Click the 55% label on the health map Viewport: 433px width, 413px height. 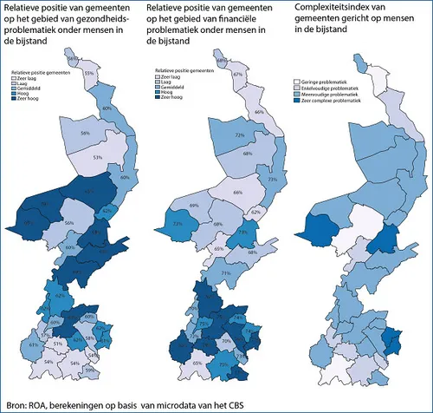tap(88, 74)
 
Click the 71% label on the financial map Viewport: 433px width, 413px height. tap(225, 274)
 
